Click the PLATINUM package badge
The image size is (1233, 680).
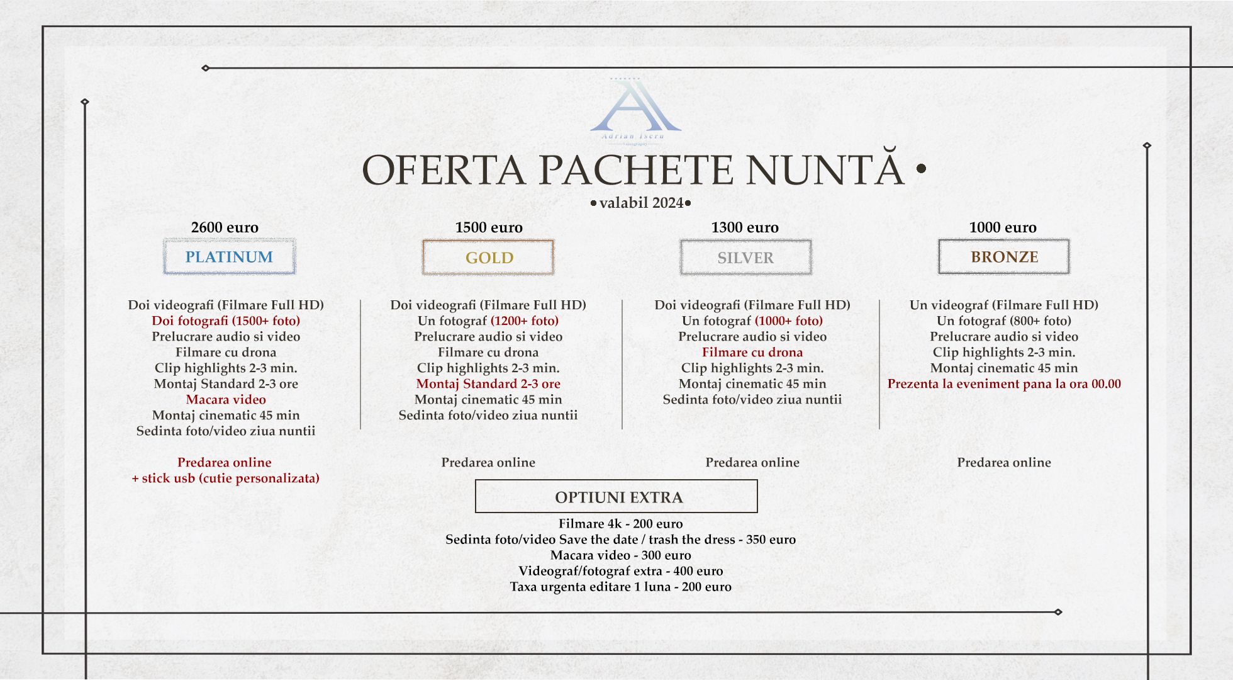(x=229, y=257)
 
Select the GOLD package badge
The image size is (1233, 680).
(x=489, y=258)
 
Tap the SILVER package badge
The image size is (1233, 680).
(x=745, y=258)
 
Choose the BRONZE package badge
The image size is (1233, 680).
(x=1004, y=257)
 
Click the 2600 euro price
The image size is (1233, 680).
(x=225, y=227)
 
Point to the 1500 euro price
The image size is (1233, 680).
(x=489, y=227)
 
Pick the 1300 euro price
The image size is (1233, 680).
(x=745, y=227)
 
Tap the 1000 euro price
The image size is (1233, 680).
(x=1003, y=227)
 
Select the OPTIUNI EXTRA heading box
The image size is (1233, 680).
(x=616, y=497)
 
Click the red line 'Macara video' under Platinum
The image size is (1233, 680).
(x=226, y=400)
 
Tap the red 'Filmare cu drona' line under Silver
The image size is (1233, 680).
(x=752, y=353)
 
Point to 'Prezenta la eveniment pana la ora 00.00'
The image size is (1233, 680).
(x=1004, y=384)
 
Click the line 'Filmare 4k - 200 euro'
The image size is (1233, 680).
(x=620, y=524)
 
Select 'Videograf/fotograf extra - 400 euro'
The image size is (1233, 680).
(x=620, y=571)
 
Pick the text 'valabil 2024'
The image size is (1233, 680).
(x=641, y=203)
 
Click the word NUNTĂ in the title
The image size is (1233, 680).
(x=825, y=170)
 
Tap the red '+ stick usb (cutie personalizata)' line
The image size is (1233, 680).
(x=225, y=479)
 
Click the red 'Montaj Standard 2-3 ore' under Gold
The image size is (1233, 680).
(x=488, y=384)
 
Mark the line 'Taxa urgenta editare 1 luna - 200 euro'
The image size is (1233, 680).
(x=620, y=587)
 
